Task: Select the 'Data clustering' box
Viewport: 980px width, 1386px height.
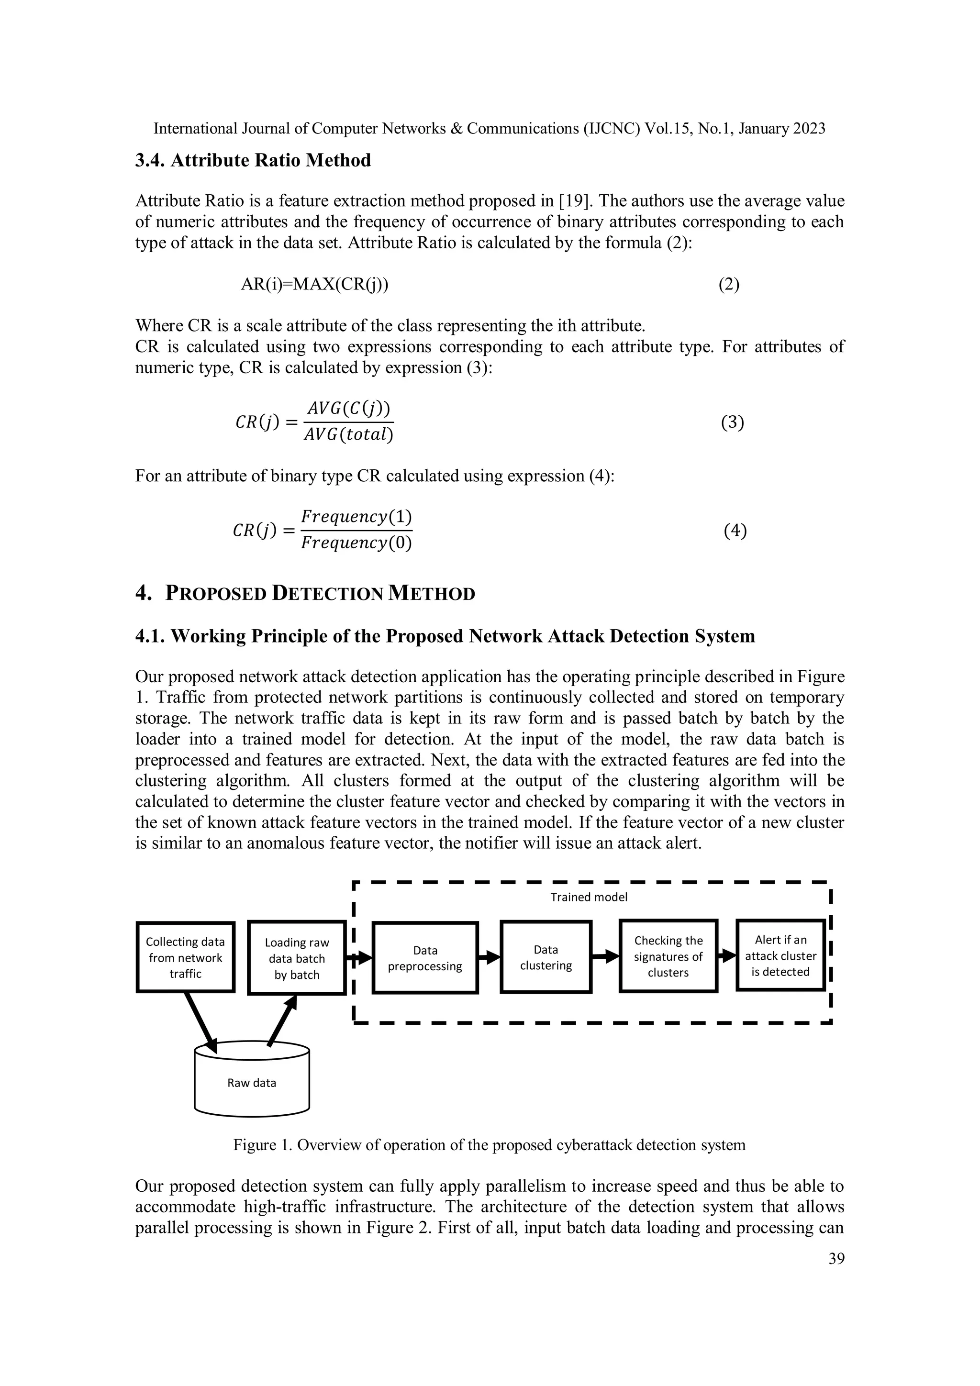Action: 546,957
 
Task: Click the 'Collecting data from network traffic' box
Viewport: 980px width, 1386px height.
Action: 185,957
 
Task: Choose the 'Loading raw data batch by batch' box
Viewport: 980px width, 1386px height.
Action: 297,959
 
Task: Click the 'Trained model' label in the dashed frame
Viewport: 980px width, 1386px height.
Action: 588,897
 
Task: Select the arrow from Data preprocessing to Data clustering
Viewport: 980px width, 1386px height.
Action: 489,957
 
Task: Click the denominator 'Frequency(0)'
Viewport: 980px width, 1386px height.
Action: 356,543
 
